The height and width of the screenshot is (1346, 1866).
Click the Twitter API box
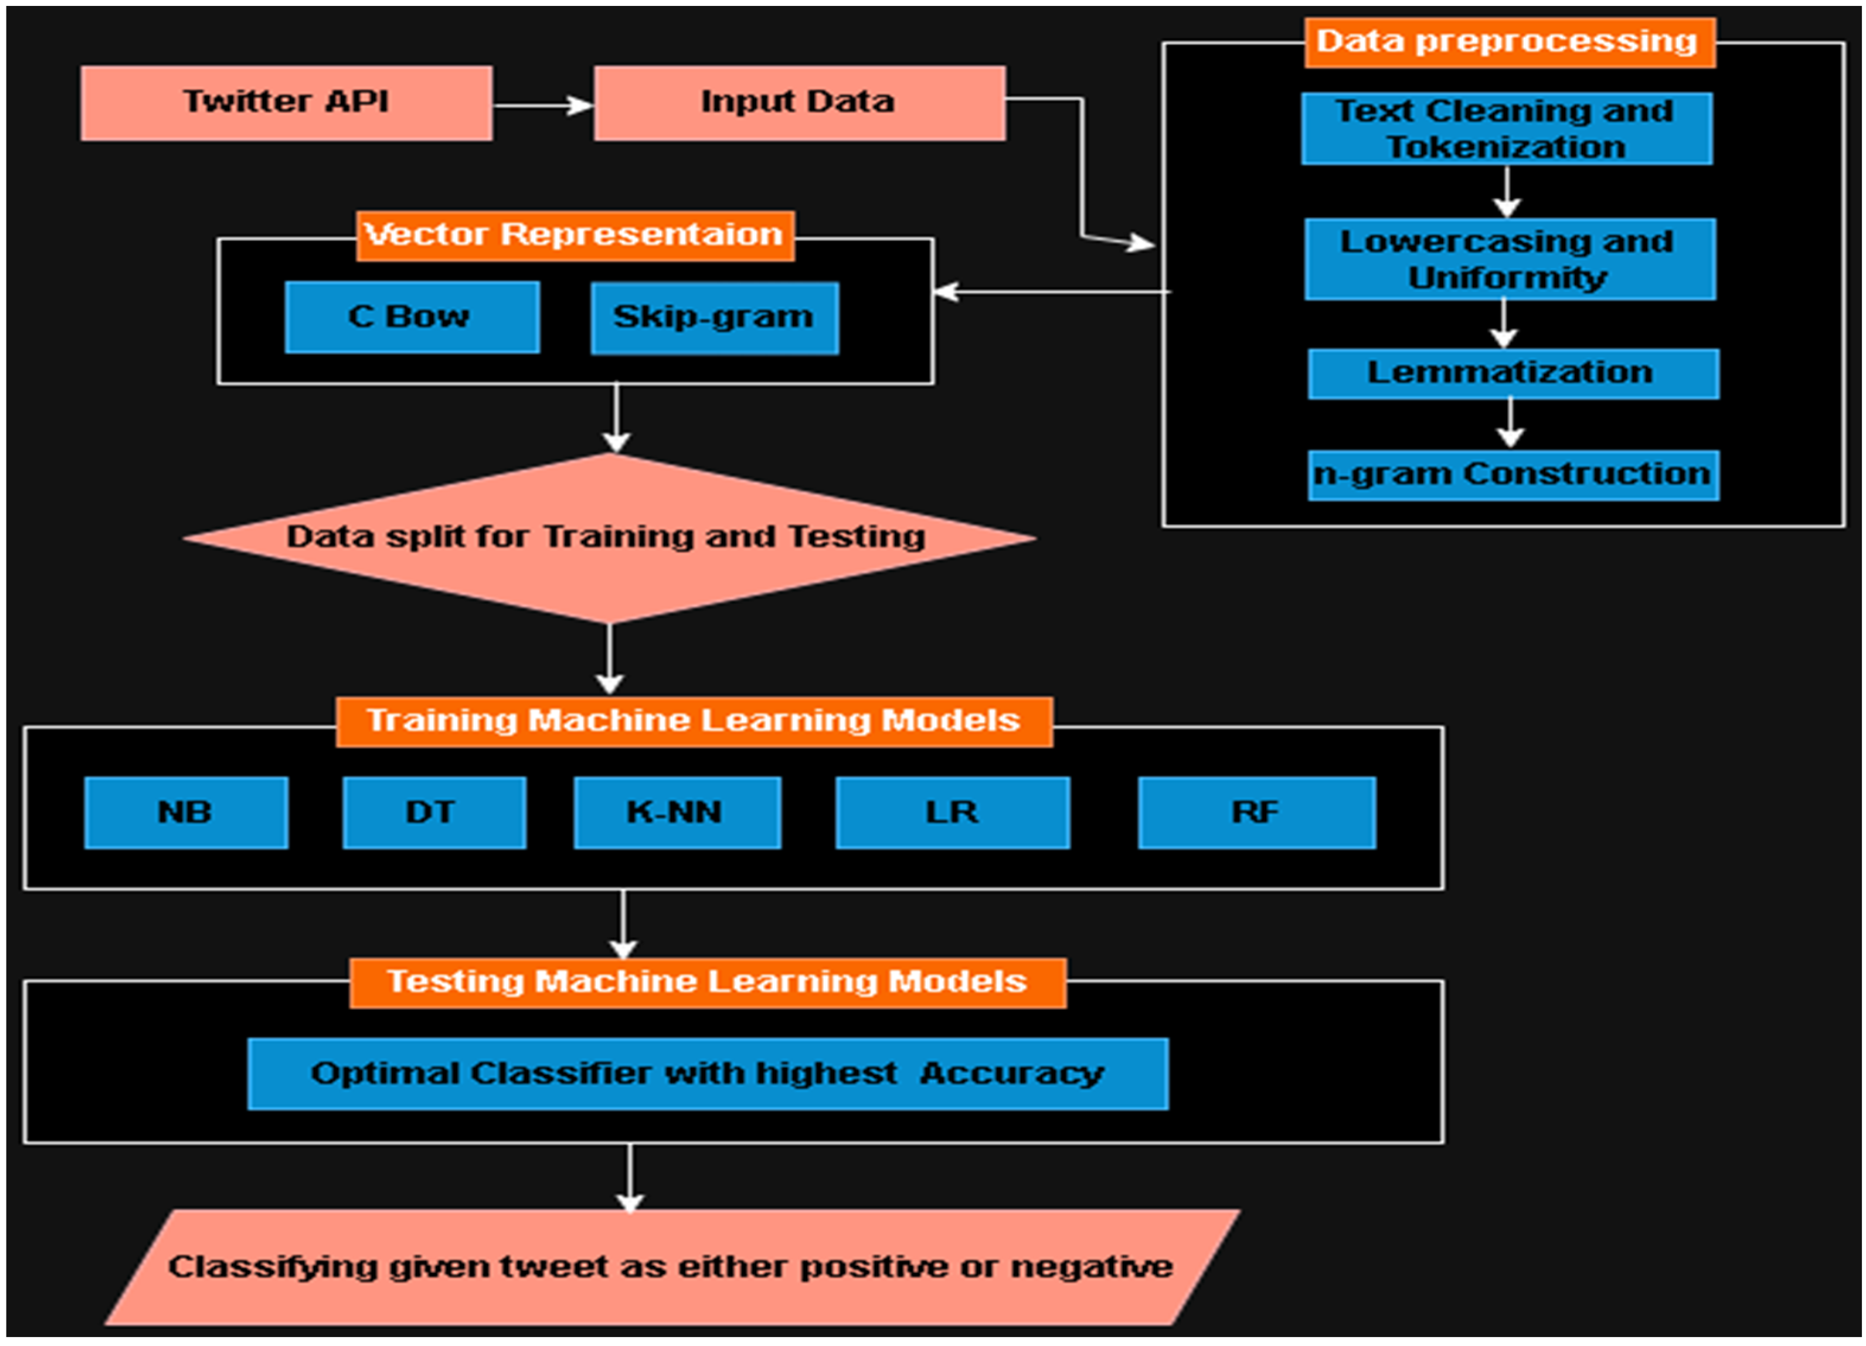tap(286, 103)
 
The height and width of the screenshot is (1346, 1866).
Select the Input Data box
tap(799, 103)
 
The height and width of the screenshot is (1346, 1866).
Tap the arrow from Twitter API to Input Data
tap(543, 106)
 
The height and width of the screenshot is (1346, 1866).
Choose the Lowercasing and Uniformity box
tap(1510, 259)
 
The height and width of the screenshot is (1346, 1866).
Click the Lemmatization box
tap(1512, 374)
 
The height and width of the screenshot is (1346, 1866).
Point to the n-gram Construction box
tap(1512, 475)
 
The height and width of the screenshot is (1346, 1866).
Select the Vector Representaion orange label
tap(574, 235)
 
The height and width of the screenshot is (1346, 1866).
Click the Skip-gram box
tap(714, 318)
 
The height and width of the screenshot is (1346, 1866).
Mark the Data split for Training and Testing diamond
tap(608, 537)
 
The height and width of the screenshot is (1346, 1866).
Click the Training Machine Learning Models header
tap(693, 722)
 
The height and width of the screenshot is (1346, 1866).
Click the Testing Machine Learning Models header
tap(707, 983)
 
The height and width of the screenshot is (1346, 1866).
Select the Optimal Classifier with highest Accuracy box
tap(707, 1074)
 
